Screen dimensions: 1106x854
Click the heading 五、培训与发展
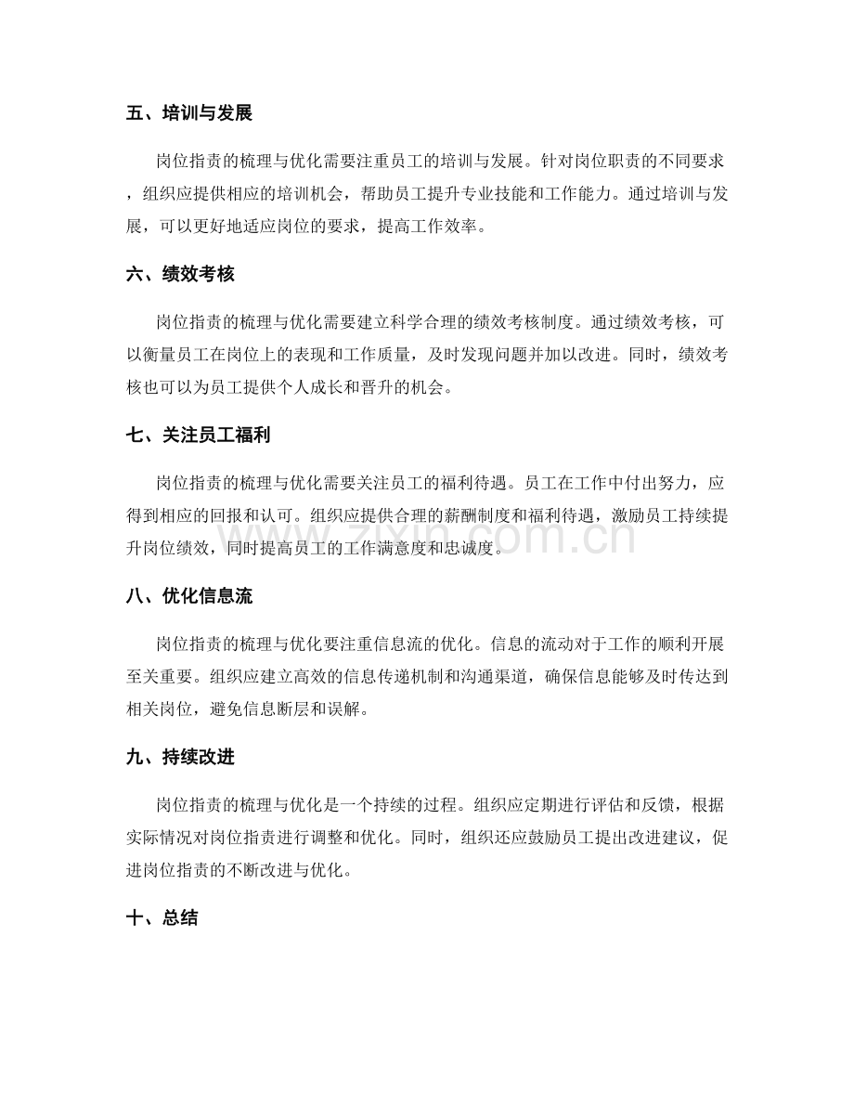pos(189,113)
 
